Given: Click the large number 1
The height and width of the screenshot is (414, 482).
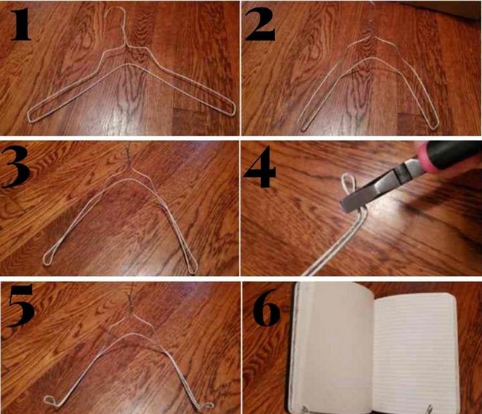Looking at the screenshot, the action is tap(21, 24).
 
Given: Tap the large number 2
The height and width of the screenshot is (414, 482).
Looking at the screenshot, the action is tap(260, 24).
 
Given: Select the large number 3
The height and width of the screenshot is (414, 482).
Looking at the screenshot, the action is tap(16, 168).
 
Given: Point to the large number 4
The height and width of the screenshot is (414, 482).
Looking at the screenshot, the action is tap(260, 167).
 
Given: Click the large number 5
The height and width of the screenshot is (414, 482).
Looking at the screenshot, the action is tap(20, 306).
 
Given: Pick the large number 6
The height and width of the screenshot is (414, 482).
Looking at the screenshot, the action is tap(267, 308).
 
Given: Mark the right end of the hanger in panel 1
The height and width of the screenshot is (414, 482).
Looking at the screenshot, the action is tap(233, 110).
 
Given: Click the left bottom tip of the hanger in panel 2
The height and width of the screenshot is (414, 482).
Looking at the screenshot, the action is tap(303, 125).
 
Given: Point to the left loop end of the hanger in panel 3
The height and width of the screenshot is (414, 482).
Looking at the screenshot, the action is tap(47, 257).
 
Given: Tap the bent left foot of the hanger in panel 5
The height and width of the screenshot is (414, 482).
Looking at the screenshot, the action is tap(50, 401).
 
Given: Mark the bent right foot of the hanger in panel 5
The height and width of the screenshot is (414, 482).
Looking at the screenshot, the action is tap(205, 405).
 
